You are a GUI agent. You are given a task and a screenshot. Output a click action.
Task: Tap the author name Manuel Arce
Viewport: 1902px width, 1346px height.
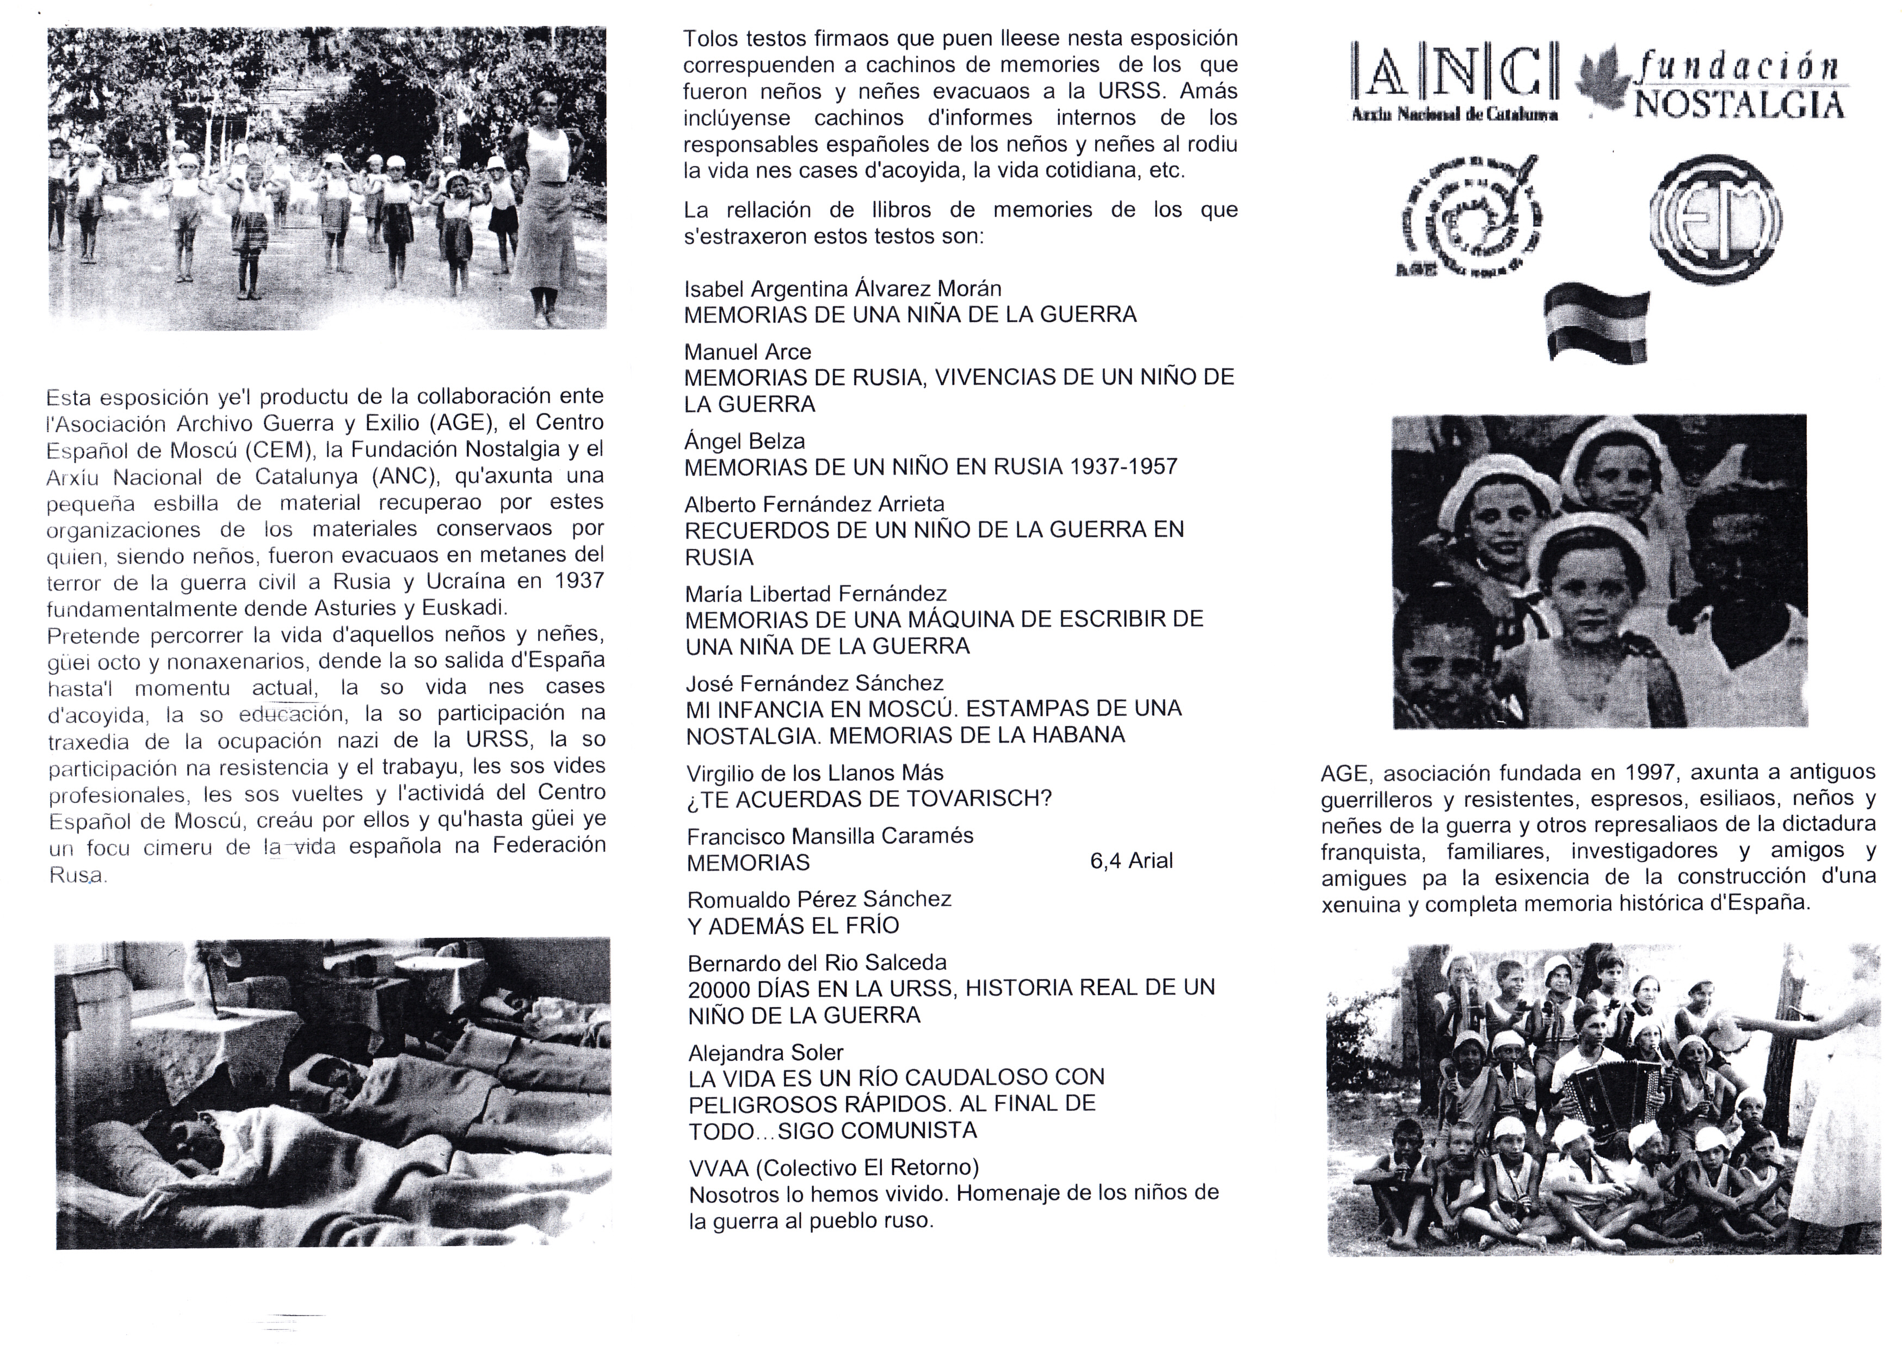point(747,351)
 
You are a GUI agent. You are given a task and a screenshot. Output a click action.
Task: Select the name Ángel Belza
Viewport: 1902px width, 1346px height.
point(743,441)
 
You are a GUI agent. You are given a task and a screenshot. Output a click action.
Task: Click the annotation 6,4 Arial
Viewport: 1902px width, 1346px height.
point(1131,861)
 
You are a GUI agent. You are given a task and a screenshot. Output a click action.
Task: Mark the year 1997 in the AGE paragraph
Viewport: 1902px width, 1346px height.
point(1652,773)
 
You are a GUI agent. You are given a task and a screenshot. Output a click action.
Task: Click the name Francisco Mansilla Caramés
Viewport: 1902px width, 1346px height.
point(830,836)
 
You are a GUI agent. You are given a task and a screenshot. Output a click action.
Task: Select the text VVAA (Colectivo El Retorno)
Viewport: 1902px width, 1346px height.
point(833,1168)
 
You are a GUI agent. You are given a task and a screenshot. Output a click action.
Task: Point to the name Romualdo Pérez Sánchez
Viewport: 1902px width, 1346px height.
point(819,899)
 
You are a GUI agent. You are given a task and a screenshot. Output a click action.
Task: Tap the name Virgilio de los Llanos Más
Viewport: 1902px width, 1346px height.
point(814,773)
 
